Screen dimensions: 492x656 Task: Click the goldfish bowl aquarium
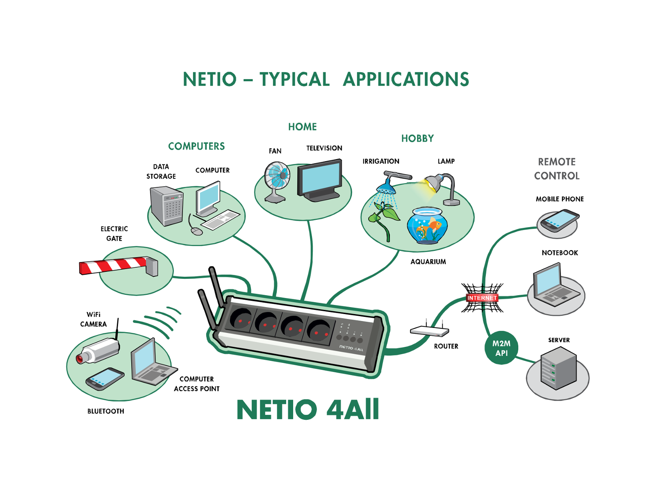click(x=427, y=225)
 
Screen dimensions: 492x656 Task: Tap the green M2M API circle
click(x=501, y=348)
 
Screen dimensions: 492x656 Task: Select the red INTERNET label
click(x=482, y=298)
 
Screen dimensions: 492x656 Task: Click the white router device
click(x=429, y=331)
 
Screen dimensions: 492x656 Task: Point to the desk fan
click(x=277, y=180)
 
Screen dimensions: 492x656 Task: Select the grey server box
click(x=558, y=367)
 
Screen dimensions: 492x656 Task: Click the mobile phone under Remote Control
click(x=559, y=221)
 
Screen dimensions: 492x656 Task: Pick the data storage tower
click(x=166, y=206)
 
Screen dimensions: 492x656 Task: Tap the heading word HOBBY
click(x=417, y=139)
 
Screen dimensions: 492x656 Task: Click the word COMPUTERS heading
click(x=196, y=146)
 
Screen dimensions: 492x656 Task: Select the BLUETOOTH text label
click(x=105, y=411)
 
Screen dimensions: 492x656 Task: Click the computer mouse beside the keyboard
click(x=197, y=231)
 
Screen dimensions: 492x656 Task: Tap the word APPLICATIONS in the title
click(x=406, y=80)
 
